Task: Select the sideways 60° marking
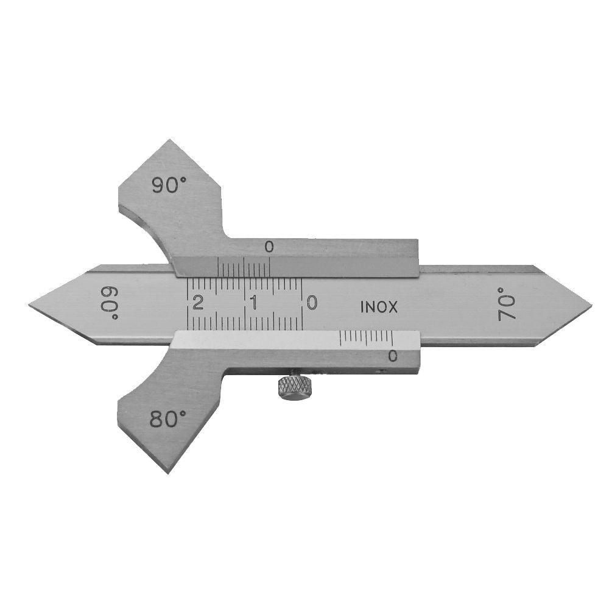point(111,303)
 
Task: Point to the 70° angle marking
point(505,304)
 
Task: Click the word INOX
point(379,308)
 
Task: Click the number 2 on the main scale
point(198,303)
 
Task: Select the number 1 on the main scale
point(255,303)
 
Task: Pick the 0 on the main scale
point(311,303)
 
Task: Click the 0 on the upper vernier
point(269,247)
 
